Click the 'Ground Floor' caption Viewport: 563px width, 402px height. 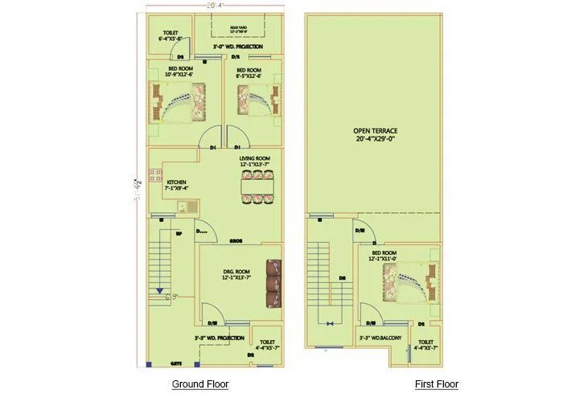pyautogui.click(x=200, y=384)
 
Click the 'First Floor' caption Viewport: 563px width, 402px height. pyautogui.click(x=437, y=384)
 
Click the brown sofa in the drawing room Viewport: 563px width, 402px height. pyautogui.click(x=274, y=283)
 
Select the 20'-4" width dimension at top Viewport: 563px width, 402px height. pyautogui.click(x=215, y=6)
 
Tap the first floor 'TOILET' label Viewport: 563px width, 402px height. pyautogui.click(x=427, y=343)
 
